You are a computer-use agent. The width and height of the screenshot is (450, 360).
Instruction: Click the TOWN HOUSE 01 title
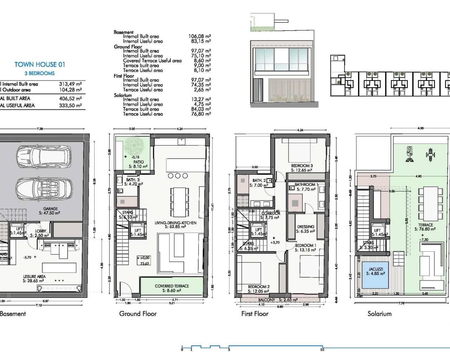(39, 64)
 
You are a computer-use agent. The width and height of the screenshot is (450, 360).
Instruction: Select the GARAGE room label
(50, 209)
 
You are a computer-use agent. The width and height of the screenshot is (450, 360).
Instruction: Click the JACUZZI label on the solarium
(376, 269)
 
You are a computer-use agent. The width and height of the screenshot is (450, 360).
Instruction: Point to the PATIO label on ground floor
(138, 162)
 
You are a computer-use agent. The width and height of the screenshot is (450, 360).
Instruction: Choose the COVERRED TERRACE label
(172, 286)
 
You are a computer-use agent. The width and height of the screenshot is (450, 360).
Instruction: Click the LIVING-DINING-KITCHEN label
(175, 223)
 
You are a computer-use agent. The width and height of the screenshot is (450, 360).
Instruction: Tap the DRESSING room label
(306, 227)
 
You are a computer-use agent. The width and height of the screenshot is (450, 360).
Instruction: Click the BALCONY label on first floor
(266, 300)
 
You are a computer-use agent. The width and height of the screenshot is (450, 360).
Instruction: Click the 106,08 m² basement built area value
(199, 36)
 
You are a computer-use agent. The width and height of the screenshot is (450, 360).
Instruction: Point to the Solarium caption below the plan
(379, 314)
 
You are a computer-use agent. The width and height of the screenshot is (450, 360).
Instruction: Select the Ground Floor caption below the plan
(138, 314)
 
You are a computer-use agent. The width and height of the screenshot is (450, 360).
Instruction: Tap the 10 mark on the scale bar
(322, 349)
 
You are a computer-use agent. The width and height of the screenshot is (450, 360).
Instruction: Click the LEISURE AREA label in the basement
(34, 277)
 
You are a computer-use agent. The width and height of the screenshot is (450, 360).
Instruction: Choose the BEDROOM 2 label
(258, 287)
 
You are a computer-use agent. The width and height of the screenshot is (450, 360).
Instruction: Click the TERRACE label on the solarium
(425, 225)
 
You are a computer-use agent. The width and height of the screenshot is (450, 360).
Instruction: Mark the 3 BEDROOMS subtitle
(39, 73)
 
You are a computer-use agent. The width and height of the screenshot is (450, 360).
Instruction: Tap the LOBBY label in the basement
(40, 231)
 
